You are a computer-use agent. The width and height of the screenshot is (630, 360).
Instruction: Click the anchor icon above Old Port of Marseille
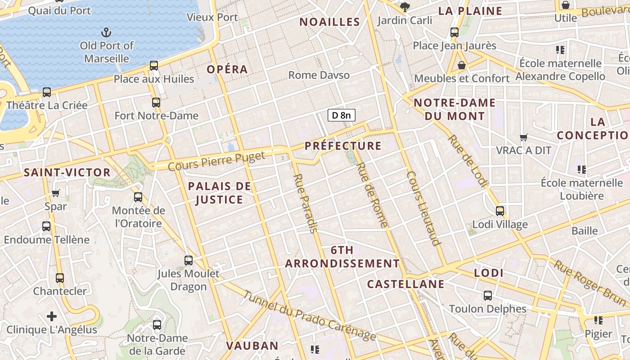106,32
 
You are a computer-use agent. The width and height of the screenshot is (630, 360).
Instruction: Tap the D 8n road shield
342,116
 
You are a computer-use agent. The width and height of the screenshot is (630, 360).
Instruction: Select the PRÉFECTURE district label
343,146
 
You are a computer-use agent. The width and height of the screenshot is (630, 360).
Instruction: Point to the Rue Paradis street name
305,203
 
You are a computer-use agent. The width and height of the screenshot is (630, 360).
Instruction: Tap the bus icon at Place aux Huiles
154,66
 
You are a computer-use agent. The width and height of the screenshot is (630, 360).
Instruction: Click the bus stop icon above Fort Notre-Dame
156,103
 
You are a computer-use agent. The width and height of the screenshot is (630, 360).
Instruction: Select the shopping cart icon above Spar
56,193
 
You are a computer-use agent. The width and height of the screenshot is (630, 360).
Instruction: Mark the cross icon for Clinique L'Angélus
52,316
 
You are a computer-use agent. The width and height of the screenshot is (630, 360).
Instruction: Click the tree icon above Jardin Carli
405,7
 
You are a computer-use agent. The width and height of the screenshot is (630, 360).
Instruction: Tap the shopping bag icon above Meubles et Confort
462,65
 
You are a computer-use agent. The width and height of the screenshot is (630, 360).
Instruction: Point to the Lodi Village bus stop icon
499,211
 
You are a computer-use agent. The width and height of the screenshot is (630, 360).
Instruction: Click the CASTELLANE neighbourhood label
405,284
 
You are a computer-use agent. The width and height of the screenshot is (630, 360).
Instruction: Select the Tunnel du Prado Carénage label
310,316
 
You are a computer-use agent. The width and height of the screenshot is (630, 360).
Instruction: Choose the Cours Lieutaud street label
423,208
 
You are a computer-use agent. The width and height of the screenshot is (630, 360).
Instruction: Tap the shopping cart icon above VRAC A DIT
523,137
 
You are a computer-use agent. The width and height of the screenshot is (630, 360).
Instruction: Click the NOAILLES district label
330,22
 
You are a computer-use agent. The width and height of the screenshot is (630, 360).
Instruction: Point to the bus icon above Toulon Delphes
488,296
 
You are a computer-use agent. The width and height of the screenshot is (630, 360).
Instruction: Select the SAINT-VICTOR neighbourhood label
67,172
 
